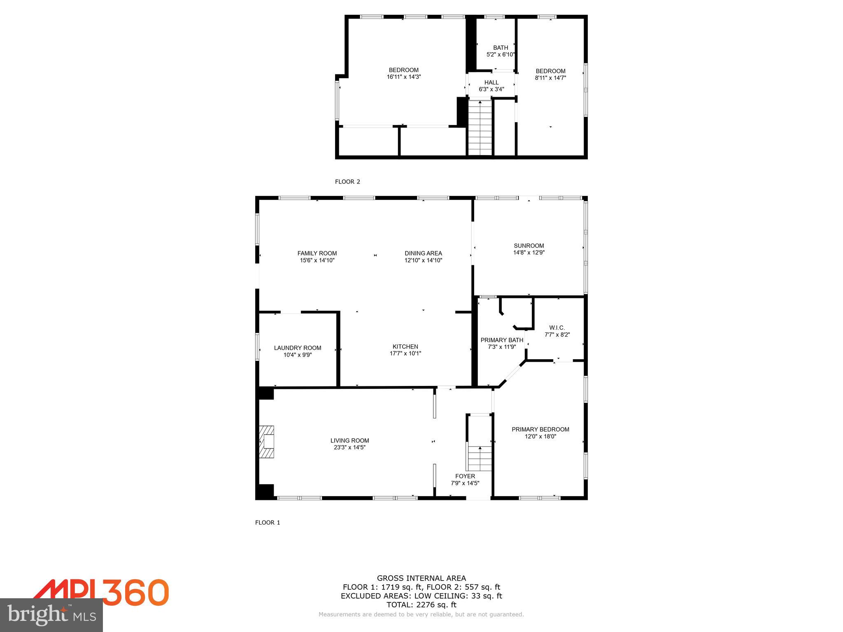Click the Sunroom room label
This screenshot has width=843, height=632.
click(x=529, y=246)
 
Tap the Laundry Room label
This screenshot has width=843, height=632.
click(x=297, y=348)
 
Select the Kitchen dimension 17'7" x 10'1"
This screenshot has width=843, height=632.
click(x=405, y=353)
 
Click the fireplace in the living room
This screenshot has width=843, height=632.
click(x=267, y=442)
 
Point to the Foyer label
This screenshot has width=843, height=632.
click(x=465, y=476)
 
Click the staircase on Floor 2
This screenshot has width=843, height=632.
click(x=480, y=128)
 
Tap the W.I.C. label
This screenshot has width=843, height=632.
click(x=557, y=328)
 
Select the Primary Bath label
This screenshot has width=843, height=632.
click(x=502, y=340)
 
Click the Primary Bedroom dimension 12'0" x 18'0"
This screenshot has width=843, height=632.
click(x=540, y=436)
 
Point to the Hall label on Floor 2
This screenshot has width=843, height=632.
click(x=491, y=82)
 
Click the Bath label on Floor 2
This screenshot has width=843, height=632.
click(x=501, y=47)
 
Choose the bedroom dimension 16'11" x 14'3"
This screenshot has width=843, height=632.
click(x=403, y=77)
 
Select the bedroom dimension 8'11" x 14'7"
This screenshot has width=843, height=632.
click(x=550, y=77)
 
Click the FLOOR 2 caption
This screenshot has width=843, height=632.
click(x=347, y=181)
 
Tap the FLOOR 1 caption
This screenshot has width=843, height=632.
click(x=268, y=523)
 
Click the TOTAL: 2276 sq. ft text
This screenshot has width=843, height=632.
click(x=421, y=604)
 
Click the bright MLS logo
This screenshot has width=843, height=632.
click(x=51, y=615)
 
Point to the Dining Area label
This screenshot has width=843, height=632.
click(x=423, y=253)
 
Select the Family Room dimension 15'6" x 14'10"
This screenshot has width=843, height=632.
click(x=317, y=260)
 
